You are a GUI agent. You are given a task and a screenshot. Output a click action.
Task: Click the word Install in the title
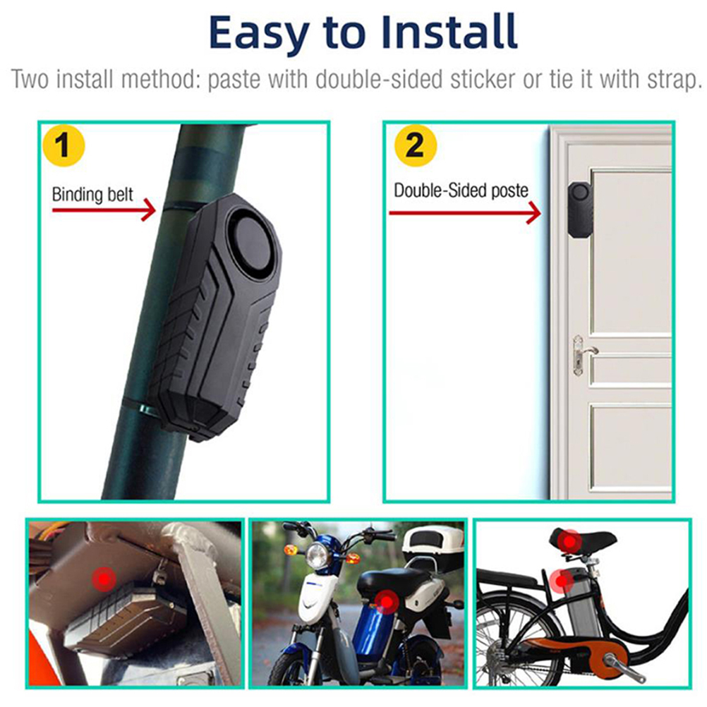[x=449, y=32]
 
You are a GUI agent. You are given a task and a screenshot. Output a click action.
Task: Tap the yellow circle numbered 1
[x=64, y=145]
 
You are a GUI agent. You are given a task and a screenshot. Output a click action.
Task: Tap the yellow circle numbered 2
[x=416, y=145]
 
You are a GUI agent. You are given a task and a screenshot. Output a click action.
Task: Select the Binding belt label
[x=92, y=194]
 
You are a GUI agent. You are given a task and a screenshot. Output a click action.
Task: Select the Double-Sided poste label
[x=461, y=191]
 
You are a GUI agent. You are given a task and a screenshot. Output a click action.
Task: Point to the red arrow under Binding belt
[x=104, y=210]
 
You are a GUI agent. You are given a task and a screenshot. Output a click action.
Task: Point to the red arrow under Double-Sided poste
[x=465, y=212]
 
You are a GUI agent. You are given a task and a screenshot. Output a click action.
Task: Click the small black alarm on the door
[x=580, y=210]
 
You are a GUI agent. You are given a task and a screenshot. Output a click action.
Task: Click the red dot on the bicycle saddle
[x=569, y=541]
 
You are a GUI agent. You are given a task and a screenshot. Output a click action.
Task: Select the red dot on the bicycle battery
[x=562, y=580]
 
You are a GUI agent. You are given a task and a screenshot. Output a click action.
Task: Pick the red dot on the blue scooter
[x=387, y=602]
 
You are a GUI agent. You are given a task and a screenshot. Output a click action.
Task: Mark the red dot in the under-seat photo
[x=104, y=579]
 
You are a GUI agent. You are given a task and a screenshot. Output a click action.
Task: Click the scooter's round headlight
[x=318, y=555]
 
